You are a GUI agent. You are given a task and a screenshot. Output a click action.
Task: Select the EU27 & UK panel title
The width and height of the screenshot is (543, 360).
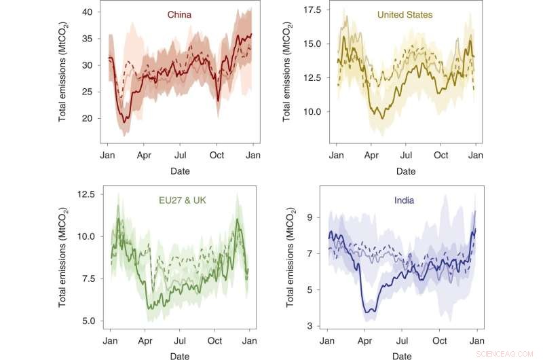tap(172, 200)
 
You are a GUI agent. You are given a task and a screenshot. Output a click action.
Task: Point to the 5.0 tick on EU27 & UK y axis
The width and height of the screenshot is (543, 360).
tap(92, 321)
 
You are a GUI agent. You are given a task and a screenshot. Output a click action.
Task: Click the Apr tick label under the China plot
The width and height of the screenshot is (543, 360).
tap(144, 156)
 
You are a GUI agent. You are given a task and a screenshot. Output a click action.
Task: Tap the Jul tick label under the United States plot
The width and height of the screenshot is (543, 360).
tap(406, 156)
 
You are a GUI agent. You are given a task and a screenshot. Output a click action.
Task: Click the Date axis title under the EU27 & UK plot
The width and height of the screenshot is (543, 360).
tap(180, 355)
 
